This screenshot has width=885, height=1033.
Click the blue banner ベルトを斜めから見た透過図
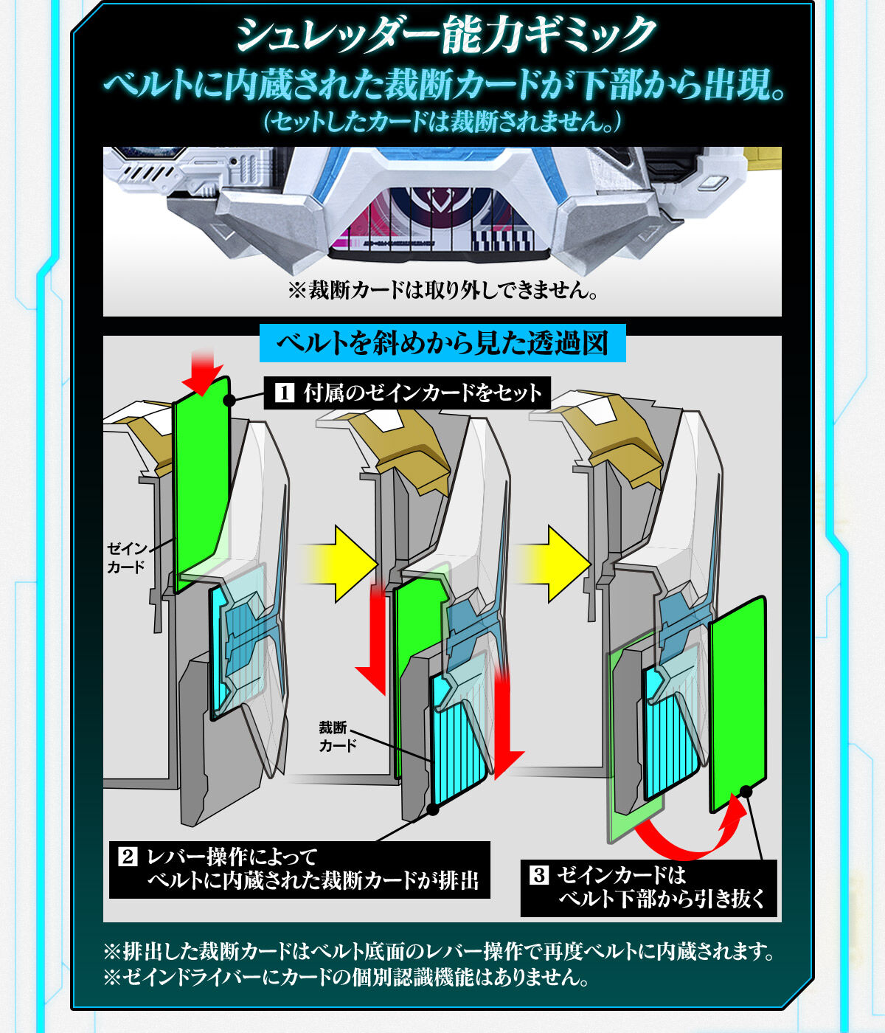442,343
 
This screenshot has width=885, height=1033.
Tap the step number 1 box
285,393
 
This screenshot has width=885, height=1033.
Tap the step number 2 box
128,857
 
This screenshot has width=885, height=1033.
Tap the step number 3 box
539,876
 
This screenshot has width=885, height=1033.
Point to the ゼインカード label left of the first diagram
126,558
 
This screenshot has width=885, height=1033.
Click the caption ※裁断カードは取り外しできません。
442,290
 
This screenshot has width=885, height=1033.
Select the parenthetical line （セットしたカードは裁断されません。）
442,121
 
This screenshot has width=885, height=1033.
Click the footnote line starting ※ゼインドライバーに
347,977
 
